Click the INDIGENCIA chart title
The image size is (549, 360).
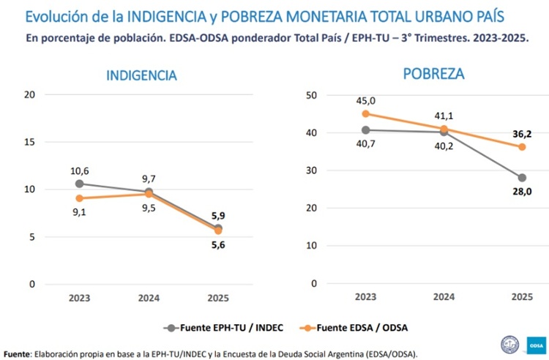141,75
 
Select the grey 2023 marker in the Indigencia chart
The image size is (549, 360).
79,184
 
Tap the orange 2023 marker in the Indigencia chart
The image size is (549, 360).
79,198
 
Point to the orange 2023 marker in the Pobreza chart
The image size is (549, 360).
365,113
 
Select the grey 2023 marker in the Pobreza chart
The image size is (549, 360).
365,130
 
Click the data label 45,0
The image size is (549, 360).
366,100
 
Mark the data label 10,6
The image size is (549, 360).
80,170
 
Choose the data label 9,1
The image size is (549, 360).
80,213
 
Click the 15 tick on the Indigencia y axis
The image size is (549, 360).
29,142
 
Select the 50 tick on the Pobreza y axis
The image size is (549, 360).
311,95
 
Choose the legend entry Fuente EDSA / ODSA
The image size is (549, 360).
370,327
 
